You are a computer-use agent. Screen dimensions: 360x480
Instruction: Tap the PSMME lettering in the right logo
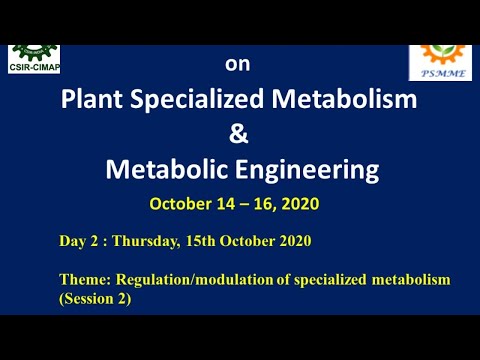point(440,73)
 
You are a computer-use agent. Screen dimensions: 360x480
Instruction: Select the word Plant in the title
point(96,100)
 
